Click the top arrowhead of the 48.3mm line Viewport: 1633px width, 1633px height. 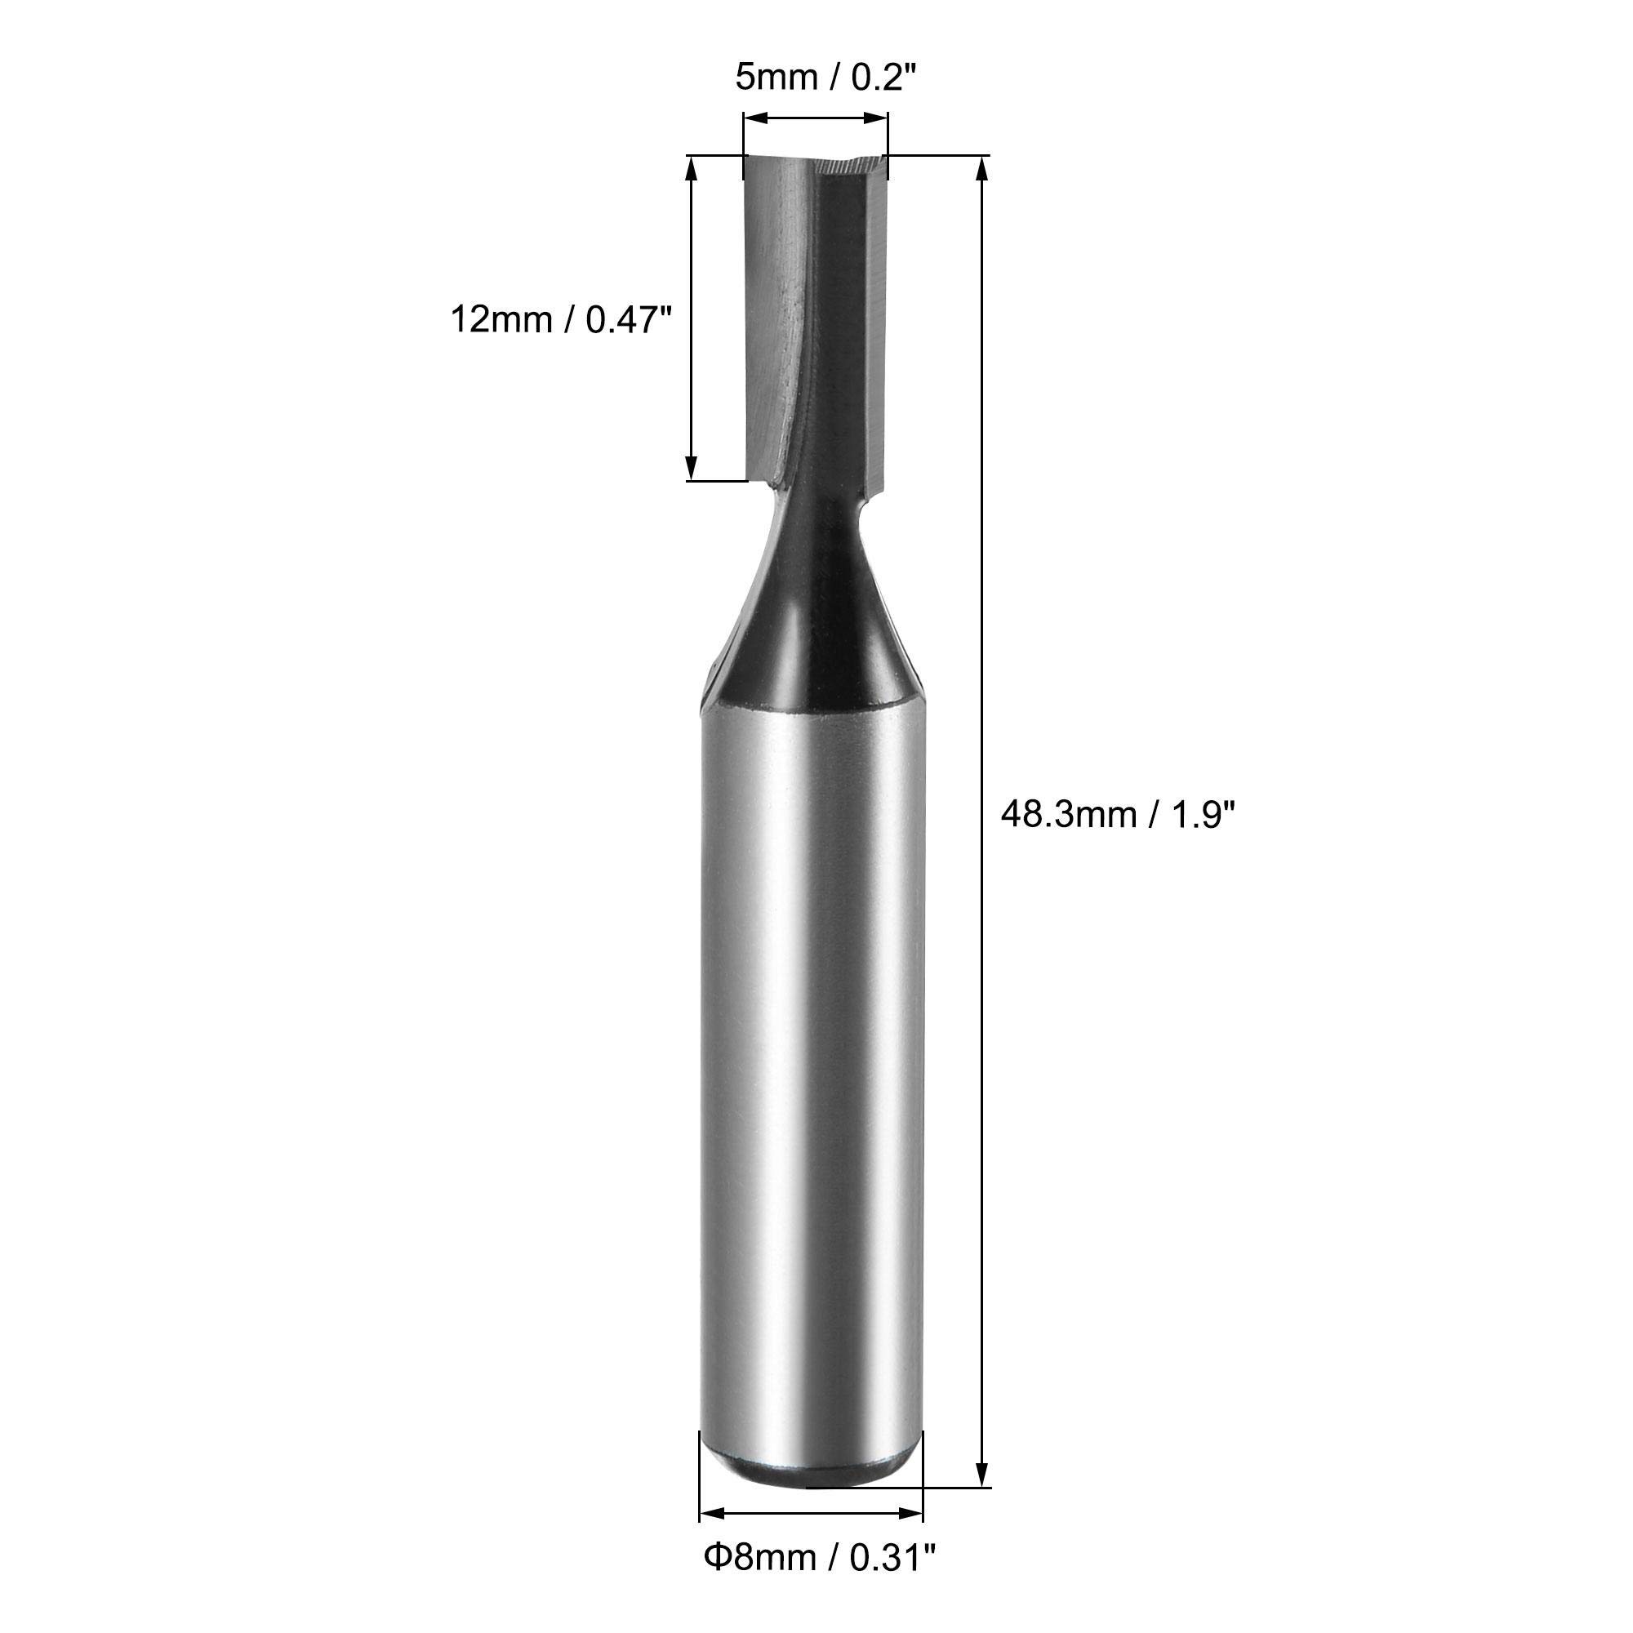coord(981,169)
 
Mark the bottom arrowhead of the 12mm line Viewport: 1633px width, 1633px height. coord(692,467)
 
